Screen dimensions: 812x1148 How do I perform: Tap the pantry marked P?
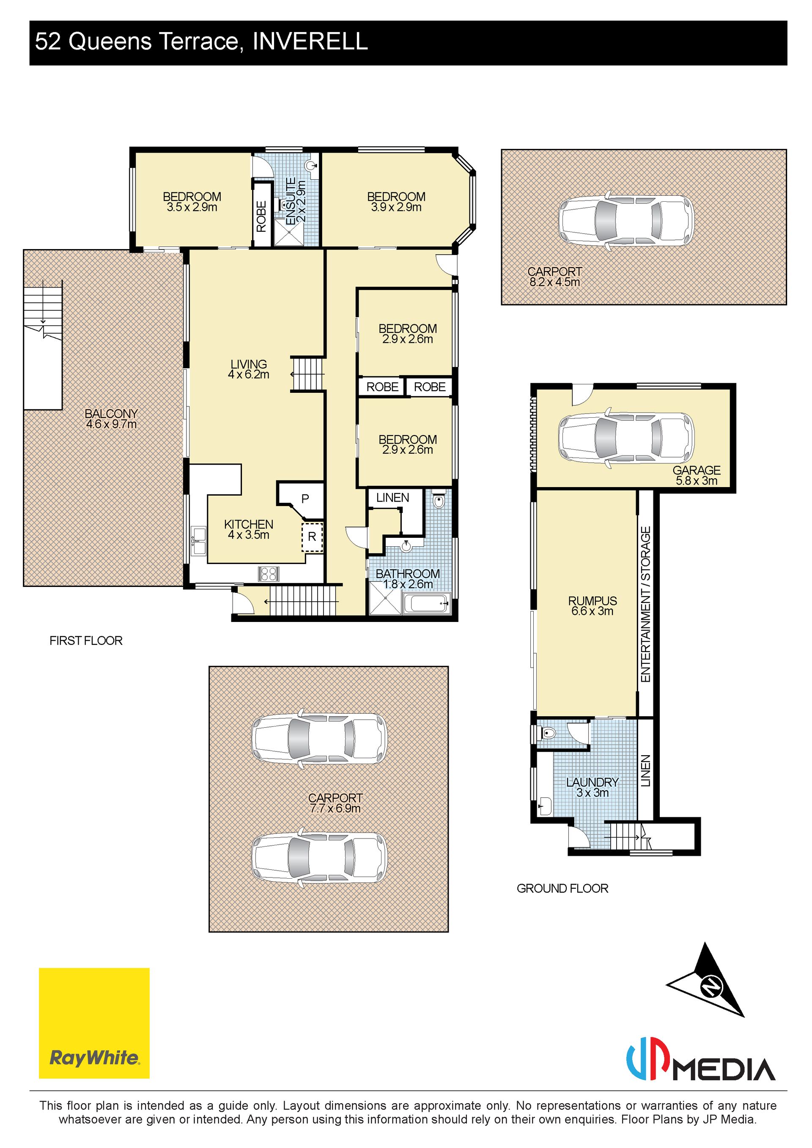tap(305, 499)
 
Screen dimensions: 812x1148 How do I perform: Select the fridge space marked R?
tap(312, 537)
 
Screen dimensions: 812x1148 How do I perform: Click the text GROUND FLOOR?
tap(562, 888)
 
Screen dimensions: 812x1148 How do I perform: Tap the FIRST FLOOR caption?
tap(86, 641)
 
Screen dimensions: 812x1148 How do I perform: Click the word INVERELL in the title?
tap(310, 41)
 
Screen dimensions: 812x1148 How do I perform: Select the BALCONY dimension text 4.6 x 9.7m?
tap(111, 425)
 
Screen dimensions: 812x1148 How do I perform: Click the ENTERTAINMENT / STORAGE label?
tap(645, 604)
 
